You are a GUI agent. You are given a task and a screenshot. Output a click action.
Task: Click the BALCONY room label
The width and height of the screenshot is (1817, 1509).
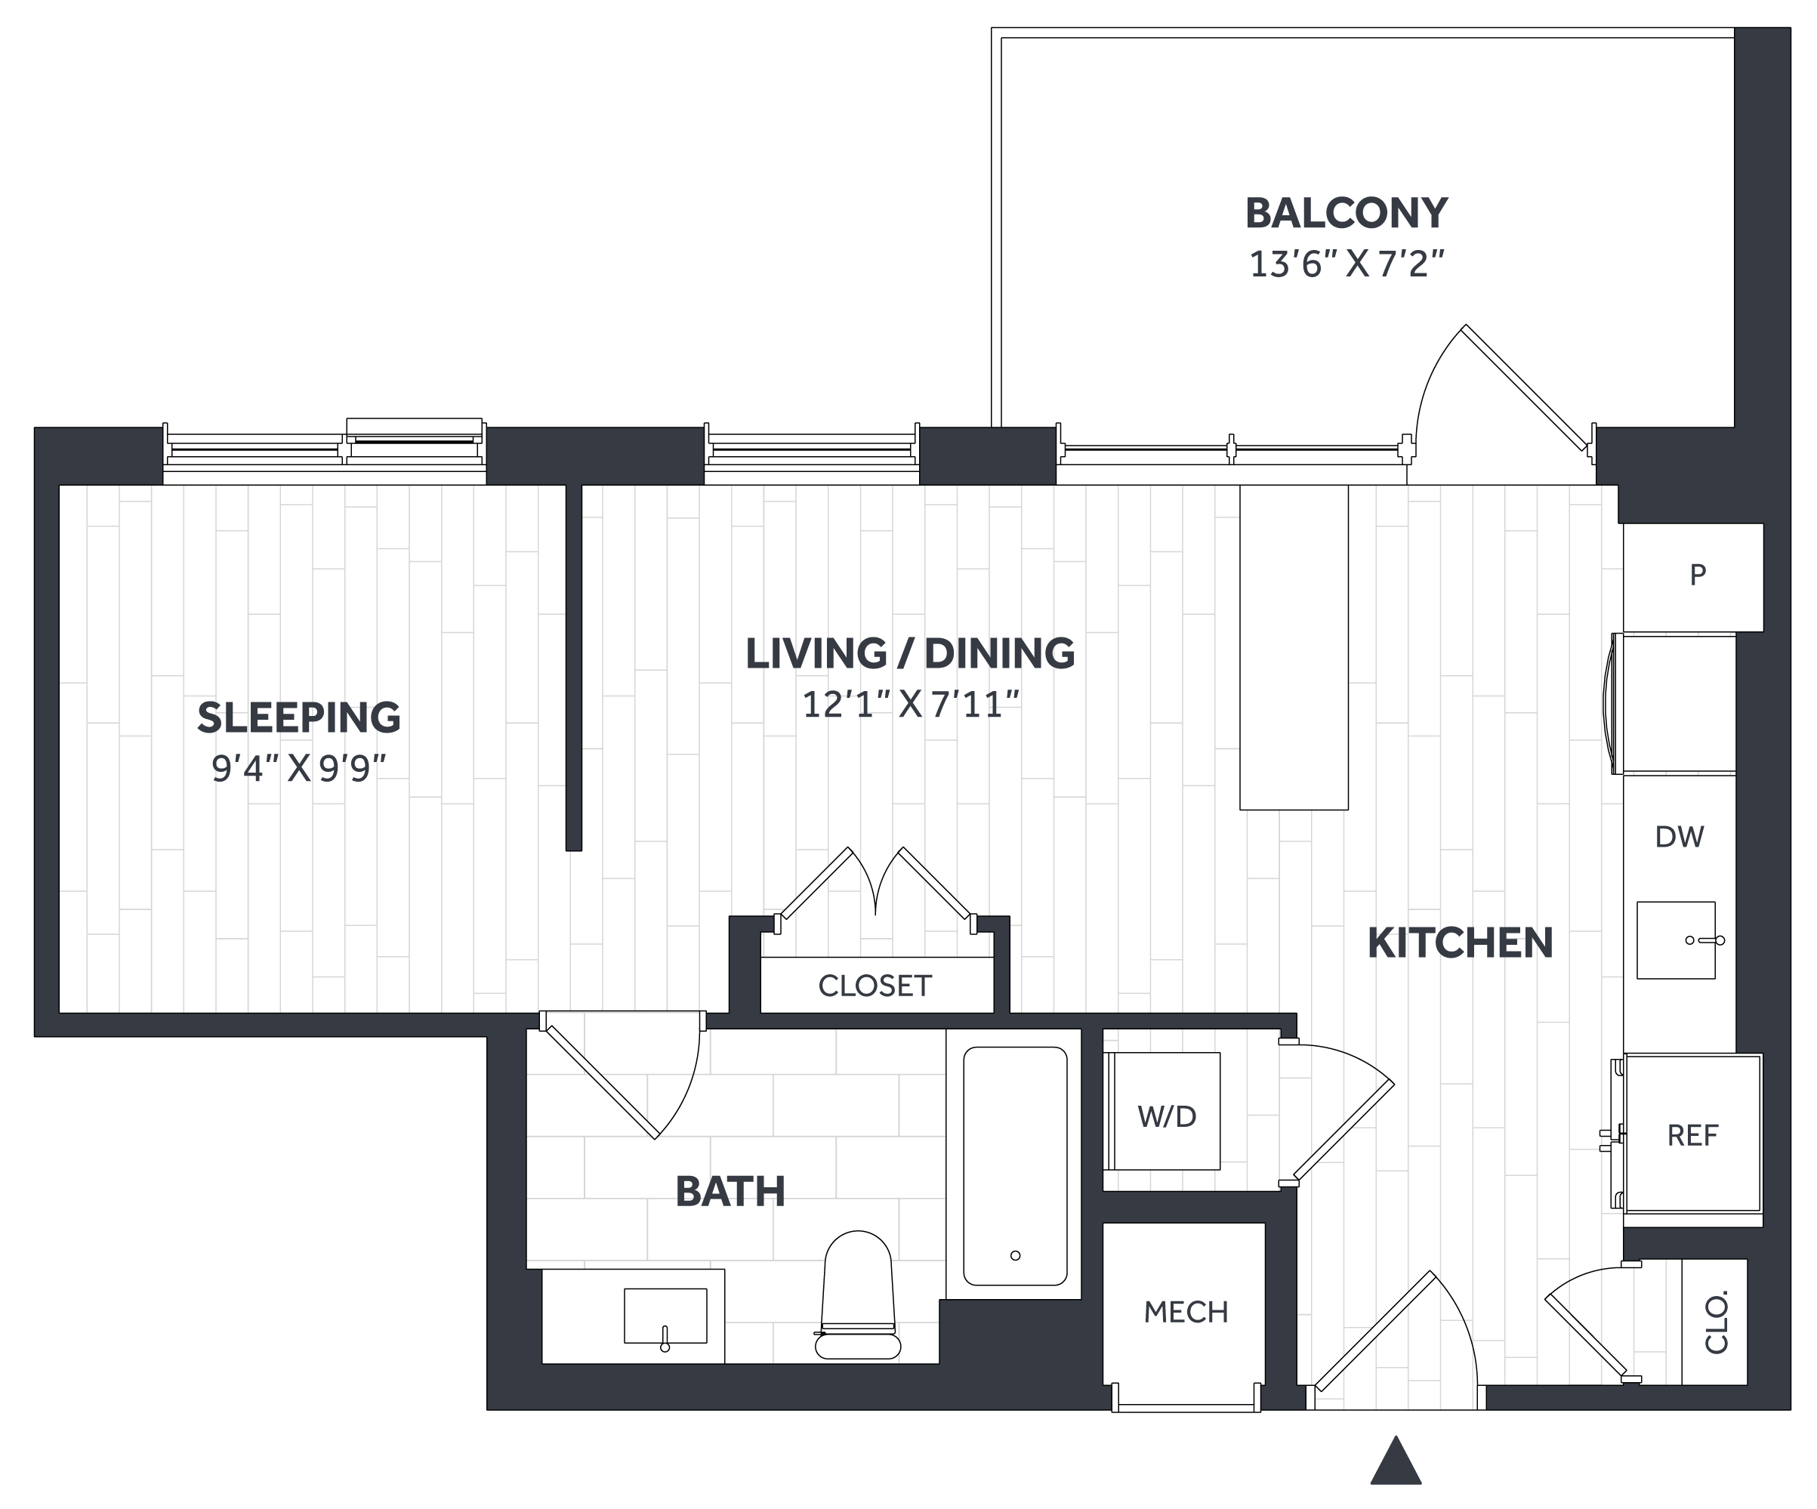(1346, 214)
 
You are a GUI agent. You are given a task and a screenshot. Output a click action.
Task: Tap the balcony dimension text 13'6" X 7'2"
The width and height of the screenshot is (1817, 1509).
(1347, 264)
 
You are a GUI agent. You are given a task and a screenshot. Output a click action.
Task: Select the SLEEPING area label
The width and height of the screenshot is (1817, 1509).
(298, 717)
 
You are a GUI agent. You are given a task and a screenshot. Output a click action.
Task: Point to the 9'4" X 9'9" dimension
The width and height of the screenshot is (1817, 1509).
(298, 767)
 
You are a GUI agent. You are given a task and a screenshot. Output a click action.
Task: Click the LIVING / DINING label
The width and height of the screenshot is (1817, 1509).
(910, 653)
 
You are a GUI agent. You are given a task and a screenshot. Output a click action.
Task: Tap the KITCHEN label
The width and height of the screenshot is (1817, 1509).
(1460, 943)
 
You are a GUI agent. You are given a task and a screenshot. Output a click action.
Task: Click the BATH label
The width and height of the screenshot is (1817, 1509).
(730, 1192)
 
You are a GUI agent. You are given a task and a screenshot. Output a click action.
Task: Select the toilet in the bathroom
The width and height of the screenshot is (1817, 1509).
(857, 1295)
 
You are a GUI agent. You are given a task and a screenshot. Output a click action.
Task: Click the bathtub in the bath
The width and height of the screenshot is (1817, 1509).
(1015, 1165)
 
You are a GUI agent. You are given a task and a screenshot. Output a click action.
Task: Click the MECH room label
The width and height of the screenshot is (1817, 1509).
(1186, 1313)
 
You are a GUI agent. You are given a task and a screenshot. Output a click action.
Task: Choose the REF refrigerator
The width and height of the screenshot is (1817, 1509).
(1692, 1133)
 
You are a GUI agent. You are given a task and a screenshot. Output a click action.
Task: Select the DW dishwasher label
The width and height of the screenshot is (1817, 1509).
(1680, 837)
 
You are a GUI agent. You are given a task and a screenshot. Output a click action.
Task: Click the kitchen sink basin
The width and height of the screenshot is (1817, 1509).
(1675, 940)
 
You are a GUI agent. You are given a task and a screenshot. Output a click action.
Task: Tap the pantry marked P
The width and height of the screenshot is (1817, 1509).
(1693, 577)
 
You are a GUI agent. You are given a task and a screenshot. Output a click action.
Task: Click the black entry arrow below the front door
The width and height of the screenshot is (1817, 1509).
(1396, 1461)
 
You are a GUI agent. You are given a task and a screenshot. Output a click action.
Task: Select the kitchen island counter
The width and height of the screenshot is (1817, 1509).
(1294, 647)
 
